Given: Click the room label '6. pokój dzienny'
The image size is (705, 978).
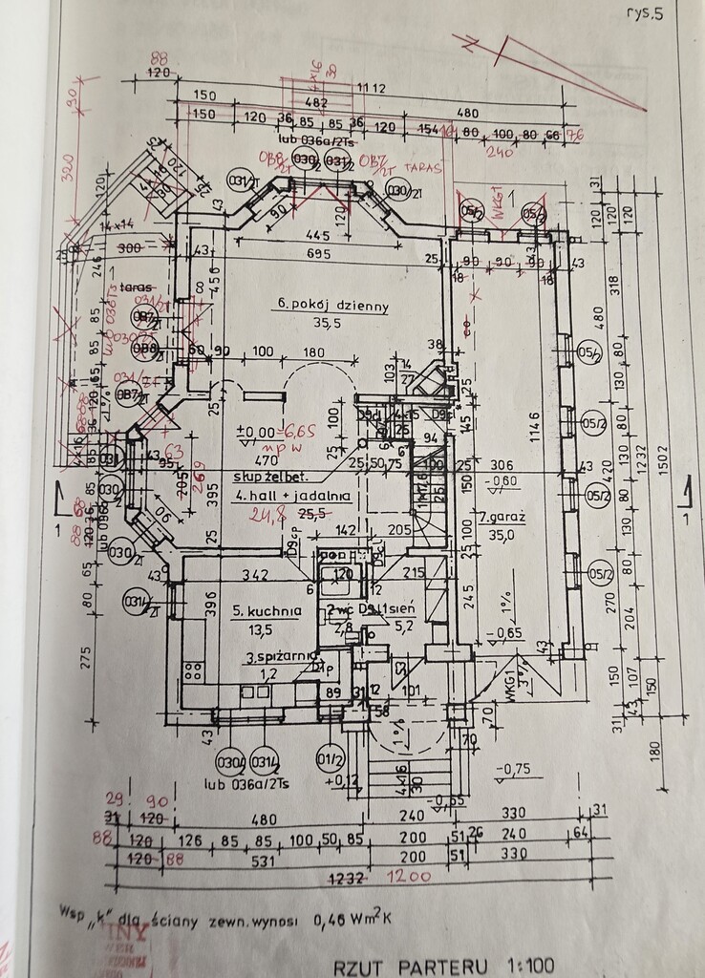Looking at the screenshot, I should (x=331, y=306).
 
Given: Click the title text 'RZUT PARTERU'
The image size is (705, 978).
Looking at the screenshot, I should (x=399, y=966).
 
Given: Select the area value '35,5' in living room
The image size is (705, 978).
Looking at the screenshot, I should (x=331, y=323).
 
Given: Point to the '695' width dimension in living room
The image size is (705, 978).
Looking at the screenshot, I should (x=318, y=254).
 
